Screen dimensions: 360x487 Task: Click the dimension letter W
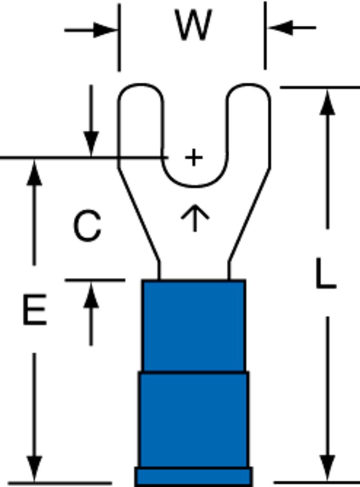[x=194, y=25]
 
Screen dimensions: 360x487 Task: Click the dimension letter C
[x=88, y=225]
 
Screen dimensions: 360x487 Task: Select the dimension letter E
[x=35, y=310]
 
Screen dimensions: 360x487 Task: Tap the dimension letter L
[x=326, y=273]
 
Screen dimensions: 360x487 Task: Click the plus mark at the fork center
[x=194, y=157]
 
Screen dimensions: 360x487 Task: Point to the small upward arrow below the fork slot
[x=195, y=218]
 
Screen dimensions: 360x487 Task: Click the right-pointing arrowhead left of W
[x=106, y=30]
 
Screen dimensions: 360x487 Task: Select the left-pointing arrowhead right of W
[x=280, y=28]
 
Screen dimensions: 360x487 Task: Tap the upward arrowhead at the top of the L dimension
[x=327, y=102]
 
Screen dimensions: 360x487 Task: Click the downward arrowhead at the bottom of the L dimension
[x=327, y=468]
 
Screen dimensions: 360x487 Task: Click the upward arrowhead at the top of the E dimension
[x=34, y=173]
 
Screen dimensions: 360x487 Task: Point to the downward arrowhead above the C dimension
[x=91, y=144]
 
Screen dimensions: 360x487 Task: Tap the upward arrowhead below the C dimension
[x=91, y=295]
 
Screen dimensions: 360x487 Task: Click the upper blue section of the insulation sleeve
[x=194, y=325]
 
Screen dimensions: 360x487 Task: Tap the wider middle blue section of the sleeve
[x=194, y=419]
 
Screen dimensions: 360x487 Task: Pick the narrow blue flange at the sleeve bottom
[x=194, y=476]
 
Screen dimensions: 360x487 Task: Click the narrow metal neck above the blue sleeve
[x=194, y=271]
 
